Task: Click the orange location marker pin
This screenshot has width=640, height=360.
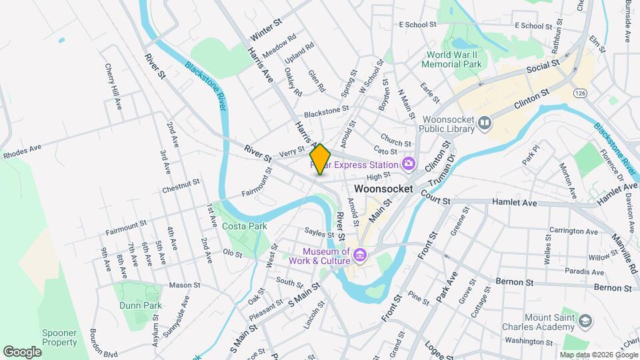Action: (x=321, y=159)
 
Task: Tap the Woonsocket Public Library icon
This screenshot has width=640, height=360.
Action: (x=485, y=123)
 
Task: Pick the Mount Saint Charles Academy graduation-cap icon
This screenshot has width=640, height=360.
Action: (x=585, y=321)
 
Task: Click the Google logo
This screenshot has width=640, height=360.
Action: (x=23, y=351)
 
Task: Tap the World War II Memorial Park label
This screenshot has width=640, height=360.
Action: (x=454, y=59)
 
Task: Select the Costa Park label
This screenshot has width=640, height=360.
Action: (x=245, y=227)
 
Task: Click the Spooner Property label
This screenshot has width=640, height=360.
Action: (x=59, y=337)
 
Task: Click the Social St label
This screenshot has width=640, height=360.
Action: (x=542, y=67)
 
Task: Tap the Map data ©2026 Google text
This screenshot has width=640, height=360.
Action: (x=598, y=355)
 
